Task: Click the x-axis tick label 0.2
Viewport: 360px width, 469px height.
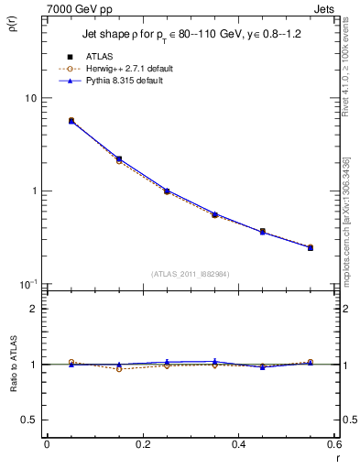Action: tap(142, 446)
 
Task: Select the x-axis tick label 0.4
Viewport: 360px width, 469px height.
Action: tap(238, 446)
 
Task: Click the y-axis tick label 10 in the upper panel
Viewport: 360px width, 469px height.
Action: tap(30, 99)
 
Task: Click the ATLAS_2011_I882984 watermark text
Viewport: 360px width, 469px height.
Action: tap(190, 273)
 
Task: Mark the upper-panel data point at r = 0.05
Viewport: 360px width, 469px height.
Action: tap(71, 120)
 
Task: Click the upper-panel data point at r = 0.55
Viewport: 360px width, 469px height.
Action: tap(311, 247)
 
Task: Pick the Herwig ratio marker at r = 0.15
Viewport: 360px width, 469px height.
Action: tap(119, 368)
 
